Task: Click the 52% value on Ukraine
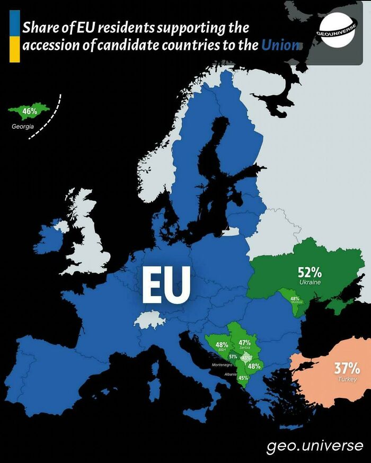[310, 272]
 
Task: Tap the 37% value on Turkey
[347, 368]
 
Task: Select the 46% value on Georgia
[30, 112]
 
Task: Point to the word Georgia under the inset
[23, 127]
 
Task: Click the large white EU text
[166, 284]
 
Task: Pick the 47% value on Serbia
[244, 342]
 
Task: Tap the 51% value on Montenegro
[233, 357]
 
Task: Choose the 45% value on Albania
[243, 378]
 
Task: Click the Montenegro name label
[222, 366]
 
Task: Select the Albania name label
[231, 374]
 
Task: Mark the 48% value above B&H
[222, 345]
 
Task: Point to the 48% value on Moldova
[295, 298]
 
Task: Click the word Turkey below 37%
[347, 379]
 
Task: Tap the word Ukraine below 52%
[310, 282]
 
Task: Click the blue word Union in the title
[279, 45]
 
